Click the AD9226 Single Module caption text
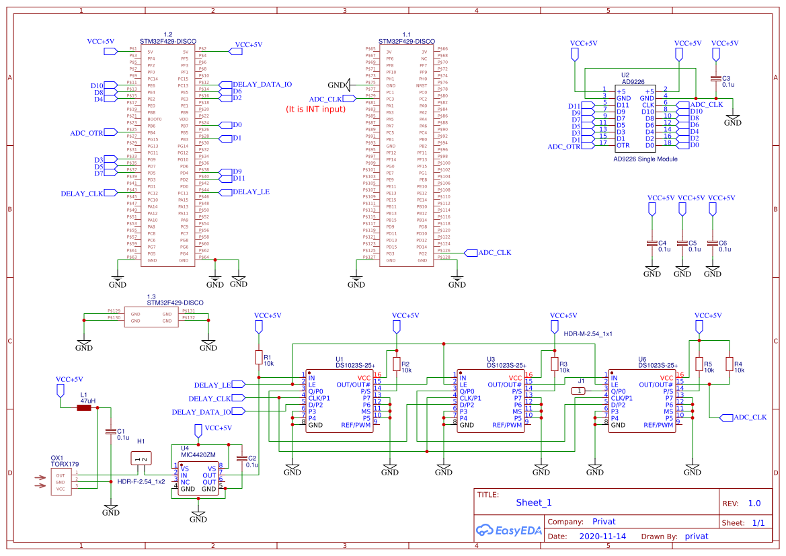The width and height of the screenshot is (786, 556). [645, 159]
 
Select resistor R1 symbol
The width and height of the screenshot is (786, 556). [258, 357]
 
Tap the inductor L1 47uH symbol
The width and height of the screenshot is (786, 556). [84, 407]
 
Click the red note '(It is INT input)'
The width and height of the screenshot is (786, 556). [315, 109]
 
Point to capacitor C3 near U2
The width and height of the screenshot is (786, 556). [716, 79]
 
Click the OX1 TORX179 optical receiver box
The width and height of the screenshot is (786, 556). [61, 481]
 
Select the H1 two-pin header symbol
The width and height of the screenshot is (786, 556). [142, 459]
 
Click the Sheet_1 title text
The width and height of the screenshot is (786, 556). [534, 502]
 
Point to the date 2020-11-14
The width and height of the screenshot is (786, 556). [602, 537]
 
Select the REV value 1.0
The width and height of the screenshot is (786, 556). [754, 504]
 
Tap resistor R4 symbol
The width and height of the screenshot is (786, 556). [729, 364]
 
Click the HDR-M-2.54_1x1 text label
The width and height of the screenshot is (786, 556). [588, 333]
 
